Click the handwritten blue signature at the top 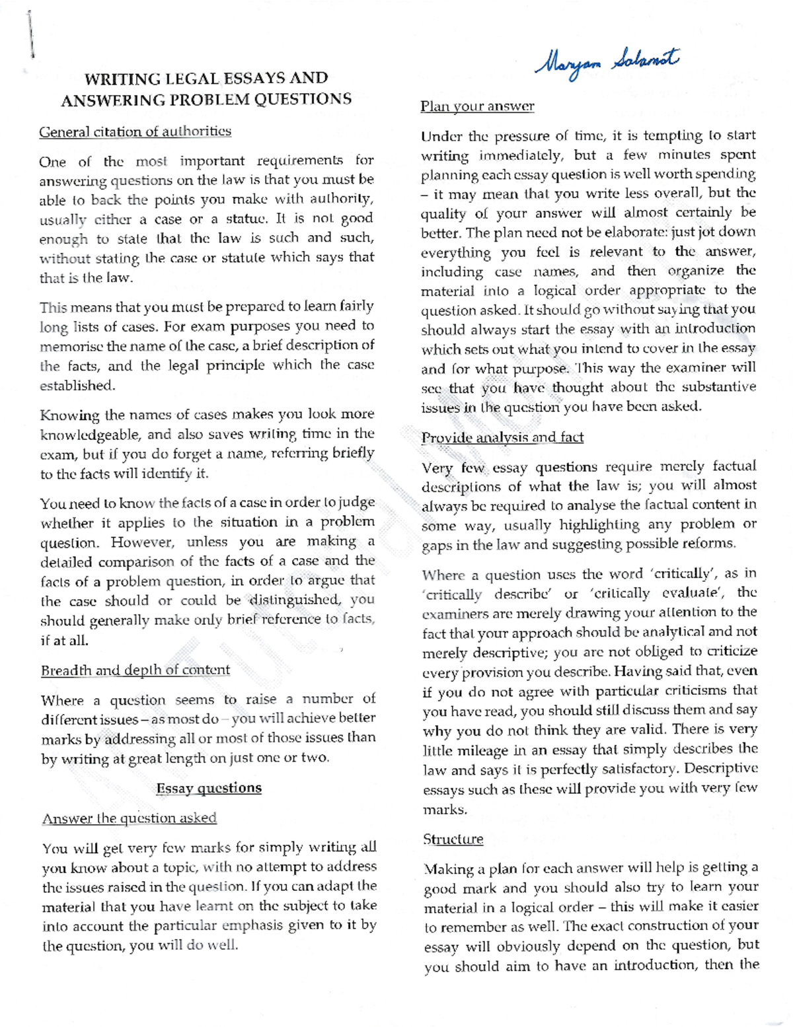[606, 63]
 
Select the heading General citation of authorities [135, 131]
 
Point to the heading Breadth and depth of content [135, 670]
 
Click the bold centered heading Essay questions [209, 788]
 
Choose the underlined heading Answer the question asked [130, 818]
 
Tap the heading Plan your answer [477, 106]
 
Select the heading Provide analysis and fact [502, 437]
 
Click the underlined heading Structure [453, 839]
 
